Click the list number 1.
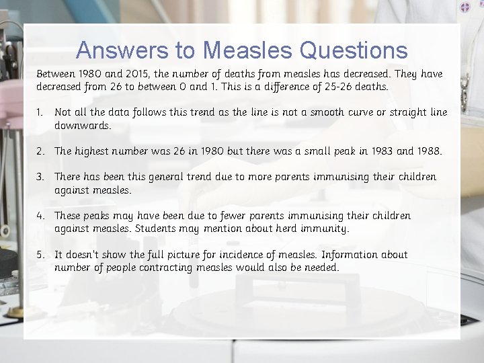click(x=40, y=112)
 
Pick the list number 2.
click(x=41, y=151)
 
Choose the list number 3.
click(x=41, y=177)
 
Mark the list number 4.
click(x=41, y=216)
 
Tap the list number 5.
click(x=41, y=255)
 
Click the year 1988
click(x=428, y=151)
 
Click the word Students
click(x=157, y=229)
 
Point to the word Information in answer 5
click(x=350, y=255)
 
